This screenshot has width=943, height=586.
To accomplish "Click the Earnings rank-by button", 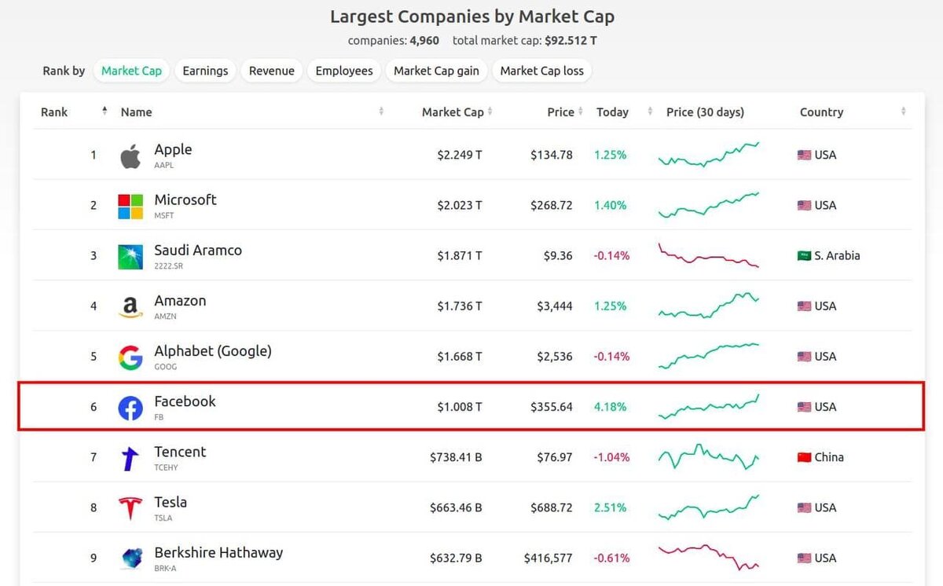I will click(205, 71).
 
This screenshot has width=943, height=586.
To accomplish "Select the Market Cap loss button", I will click(541, 71).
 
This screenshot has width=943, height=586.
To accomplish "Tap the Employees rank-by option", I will click(344, 71).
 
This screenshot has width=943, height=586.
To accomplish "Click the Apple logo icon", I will click(130, 156).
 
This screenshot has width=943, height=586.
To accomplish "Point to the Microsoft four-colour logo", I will click(130, 206).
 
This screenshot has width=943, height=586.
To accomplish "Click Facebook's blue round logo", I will click(130, 408).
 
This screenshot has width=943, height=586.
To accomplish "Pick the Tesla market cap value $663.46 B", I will click(456, 507).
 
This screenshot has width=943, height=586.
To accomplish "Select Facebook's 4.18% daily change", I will click(611, 407).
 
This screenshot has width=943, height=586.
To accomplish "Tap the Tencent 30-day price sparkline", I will click(708, 456).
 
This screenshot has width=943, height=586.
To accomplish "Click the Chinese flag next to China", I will click(804, 457).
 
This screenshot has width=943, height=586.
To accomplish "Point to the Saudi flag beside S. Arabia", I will click(804, 256).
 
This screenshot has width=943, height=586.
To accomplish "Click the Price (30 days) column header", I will click(705, 112).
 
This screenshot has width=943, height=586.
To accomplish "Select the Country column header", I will click(821, 112).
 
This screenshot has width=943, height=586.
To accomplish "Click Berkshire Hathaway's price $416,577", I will click(549, 558).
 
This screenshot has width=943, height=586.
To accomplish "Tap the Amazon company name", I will click(180, 301).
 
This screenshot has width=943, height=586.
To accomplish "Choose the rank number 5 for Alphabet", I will click(94, 357).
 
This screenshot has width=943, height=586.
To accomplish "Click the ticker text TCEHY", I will click(166, 467).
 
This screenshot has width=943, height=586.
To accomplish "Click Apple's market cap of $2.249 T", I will click(460, 155).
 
